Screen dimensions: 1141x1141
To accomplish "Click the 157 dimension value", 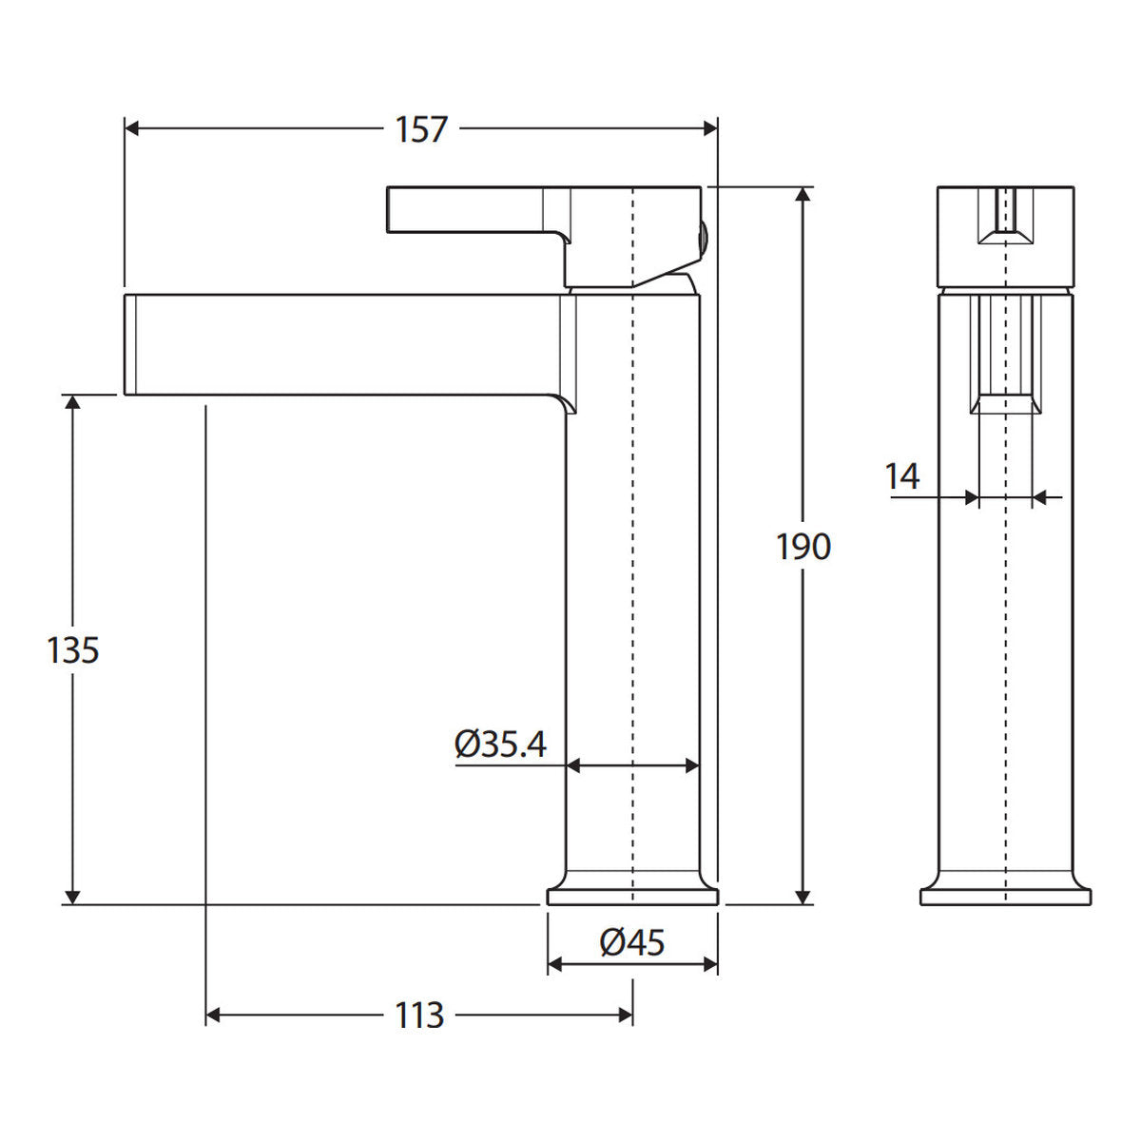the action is [421, 129].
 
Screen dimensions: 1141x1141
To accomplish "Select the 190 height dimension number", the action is [803, 547].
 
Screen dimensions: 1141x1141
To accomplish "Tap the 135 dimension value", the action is [73, 650].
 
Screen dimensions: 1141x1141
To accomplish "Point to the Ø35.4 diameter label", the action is [500, 745].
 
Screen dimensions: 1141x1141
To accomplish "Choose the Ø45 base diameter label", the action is [631, 942].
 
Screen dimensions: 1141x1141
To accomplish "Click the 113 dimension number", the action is [419, 1015].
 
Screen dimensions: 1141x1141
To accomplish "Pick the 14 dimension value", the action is [901, 476].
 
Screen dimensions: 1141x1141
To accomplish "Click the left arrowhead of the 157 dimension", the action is [131, 128].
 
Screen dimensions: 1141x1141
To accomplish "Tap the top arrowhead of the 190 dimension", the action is [803, 195].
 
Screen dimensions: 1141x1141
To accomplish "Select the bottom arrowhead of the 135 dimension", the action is [72, 897].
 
